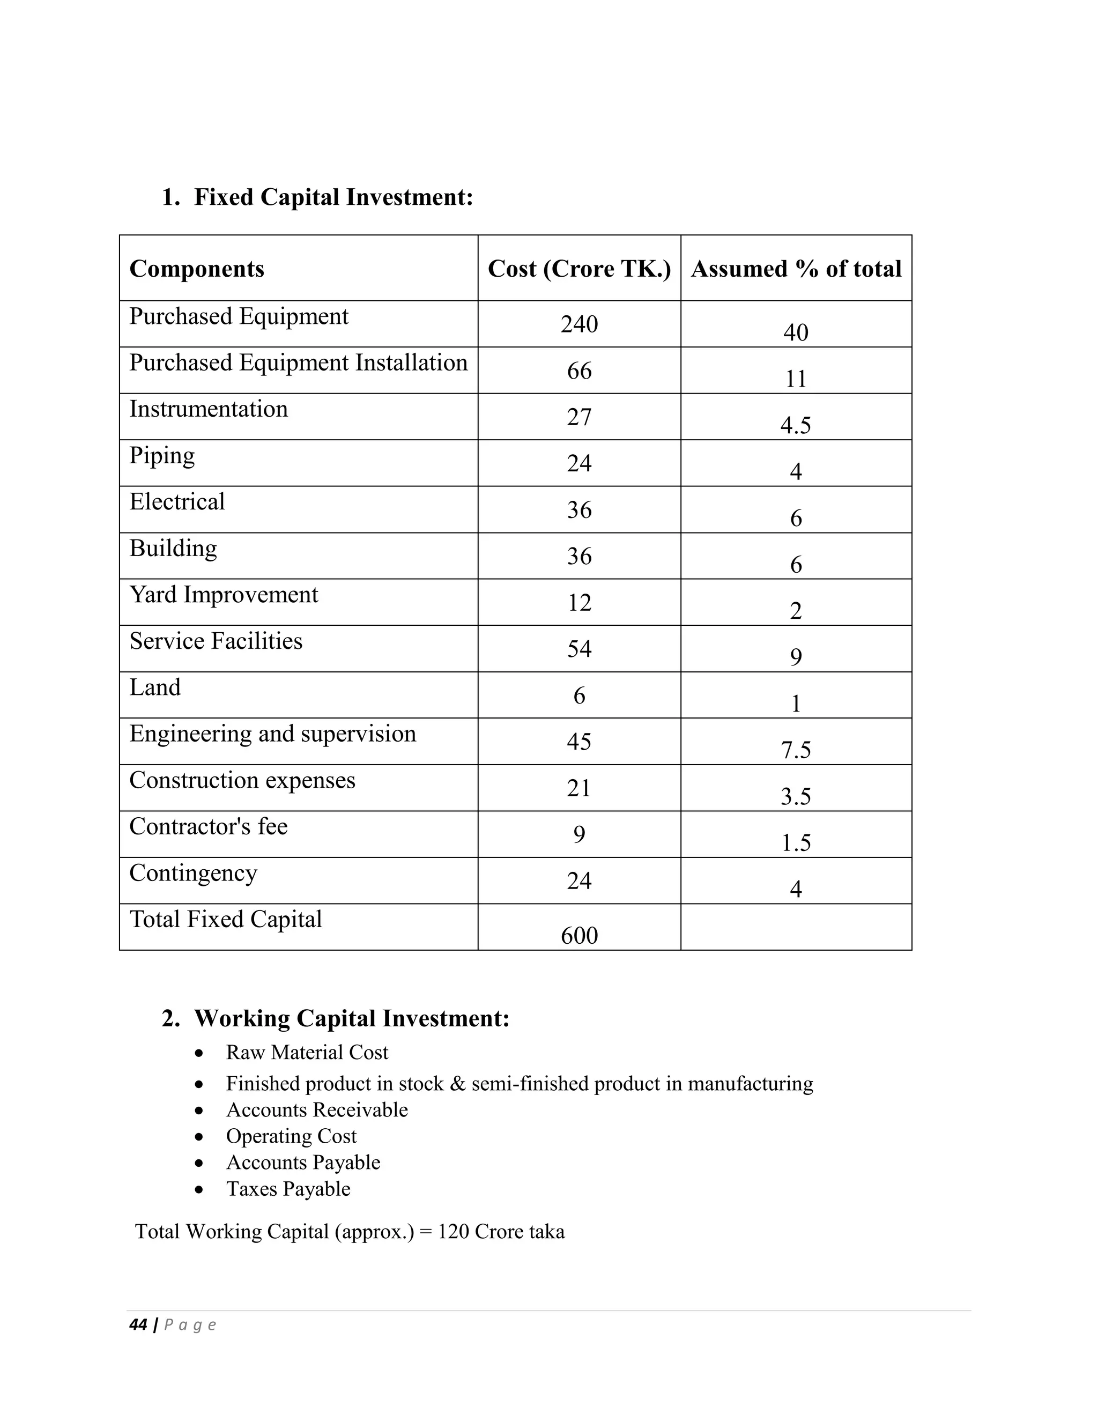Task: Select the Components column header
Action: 196,269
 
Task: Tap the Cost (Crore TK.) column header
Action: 579,269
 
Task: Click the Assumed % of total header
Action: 796,269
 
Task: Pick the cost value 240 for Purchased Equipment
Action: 579,324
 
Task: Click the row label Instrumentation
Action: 208,409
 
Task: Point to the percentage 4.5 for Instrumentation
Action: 796,426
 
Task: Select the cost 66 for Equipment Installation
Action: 579,371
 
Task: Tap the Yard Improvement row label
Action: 223,595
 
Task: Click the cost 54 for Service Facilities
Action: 579,649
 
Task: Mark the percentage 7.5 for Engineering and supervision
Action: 796,750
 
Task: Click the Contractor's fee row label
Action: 208,827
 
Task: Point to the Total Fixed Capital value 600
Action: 579,936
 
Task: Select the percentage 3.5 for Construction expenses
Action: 796,796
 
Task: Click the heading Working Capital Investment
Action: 351,1018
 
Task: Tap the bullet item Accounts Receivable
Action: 317,1110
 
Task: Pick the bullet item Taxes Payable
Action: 288,1189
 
